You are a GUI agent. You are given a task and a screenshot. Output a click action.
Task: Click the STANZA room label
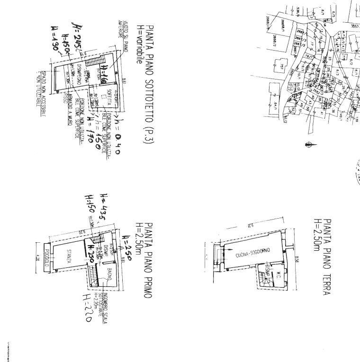[69, 253]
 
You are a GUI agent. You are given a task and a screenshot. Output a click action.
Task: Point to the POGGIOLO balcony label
[46, 258]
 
